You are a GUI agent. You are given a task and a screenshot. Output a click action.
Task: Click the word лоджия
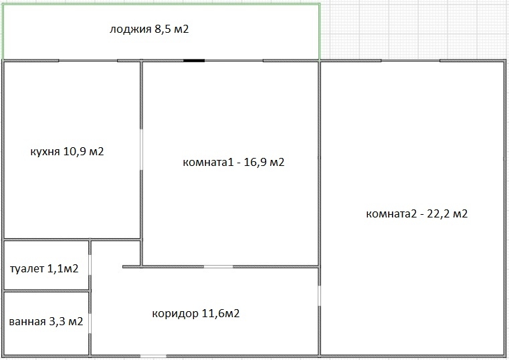130,29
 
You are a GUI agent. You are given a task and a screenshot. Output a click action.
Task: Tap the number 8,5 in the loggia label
163,29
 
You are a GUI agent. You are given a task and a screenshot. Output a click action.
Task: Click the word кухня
45,152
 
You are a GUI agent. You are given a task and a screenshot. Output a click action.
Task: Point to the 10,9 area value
74,151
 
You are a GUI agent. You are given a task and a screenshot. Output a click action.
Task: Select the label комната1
208,162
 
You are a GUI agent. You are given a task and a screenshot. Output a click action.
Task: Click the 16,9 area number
255,162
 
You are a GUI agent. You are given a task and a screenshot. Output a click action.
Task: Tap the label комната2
391,214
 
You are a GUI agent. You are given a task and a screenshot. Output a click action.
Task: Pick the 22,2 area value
438,214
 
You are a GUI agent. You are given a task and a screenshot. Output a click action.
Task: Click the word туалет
27,269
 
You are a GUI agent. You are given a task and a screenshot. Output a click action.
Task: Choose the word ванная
27,322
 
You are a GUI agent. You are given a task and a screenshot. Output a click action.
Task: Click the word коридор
175,314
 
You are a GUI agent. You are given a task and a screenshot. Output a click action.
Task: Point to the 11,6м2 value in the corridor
221,313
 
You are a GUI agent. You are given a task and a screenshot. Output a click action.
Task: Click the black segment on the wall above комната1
194,60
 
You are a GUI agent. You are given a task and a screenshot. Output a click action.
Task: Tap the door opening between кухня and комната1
141,149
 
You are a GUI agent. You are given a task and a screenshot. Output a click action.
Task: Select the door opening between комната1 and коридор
219,267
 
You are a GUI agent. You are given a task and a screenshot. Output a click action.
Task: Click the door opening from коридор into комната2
320,296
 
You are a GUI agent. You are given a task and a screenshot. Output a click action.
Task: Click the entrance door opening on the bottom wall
153,357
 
